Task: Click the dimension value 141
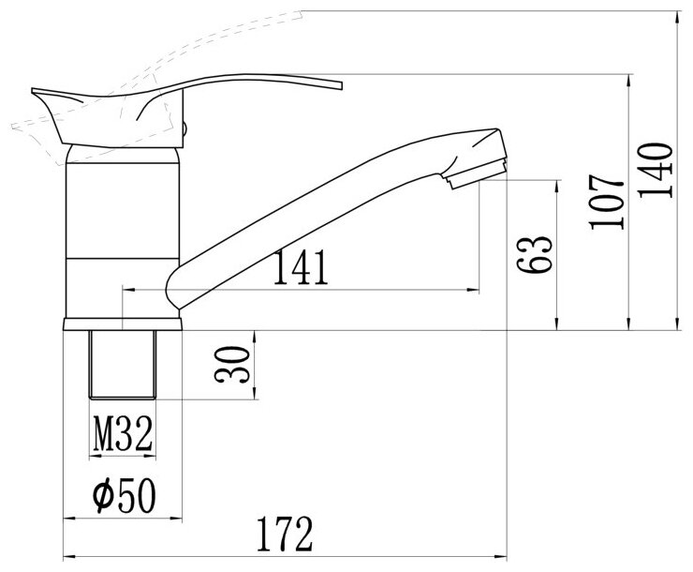click(x=301, y=267)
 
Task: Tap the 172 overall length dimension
click(x=285, y=534)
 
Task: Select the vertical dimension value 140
click(x=655, y=170)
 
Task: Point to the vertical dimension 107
click(x=607, y=202)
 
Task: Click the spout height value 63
click(x=535, y=254)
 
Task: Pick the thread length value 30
click(x=232, y=365)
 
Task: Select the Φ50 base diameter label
click(x=125, y=495)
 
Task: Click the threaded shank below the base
click(x=123, y=365)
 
